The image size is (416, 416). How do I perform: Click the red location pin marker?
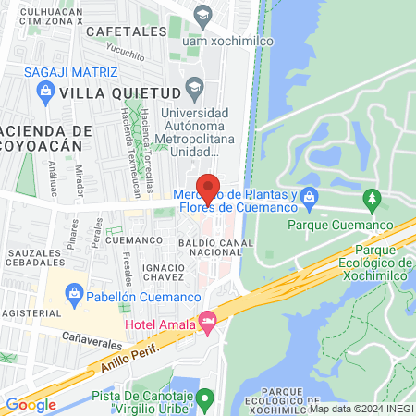coord(208,188)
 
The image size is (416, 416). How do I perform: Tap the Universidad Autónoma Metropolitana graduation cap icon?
coord(194,89)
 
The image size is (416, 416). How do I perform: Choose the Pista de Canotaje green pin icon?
coord(208,399)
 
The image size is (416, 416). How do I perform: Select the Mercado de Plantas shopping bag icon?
coord(309,196)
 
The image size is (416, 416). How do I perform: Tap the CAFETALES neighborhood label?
coord(119,31)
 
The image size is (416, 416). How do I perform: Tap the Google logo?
coord(31,404)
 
